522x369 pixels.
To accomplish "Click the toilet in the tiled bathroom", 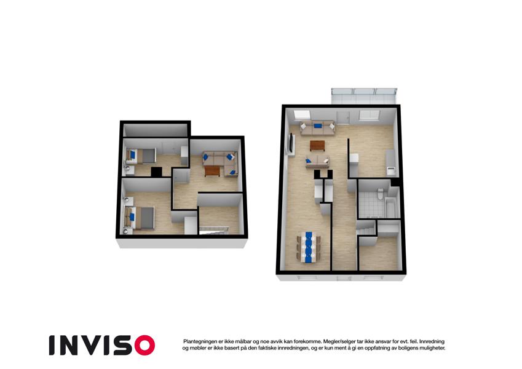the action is (380, 194).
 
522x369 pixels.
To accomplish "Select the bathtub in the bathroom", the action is (390, 207).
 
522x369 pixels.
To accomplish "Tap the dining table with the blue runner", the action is (309, 247).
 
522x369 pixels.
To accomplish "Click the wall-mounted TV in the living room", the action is (292, 143).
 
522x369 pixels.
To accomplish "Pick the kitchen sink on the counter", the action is (390, 171).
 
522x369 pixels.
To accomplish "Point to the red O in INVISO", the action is (145, 345).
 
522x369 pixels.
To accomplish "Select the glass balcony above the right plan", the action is (364, 96).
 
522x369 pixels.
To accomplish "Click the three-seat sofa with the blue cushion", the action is (318, 128).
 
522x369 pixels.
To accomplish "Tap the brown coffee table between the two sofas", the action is (317, 146).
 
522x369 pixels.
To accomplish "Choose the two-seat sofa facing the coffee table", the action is (317, 161).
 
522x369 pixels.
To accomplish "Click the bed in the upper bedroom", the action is (141, 156).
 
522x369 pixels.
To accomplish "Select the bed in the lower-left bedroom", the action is (139, 218).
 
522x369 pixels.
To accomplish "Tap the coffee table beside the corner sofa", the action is (212, 171).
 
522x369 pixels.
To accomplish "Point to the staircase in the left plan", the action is (214, 230).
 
